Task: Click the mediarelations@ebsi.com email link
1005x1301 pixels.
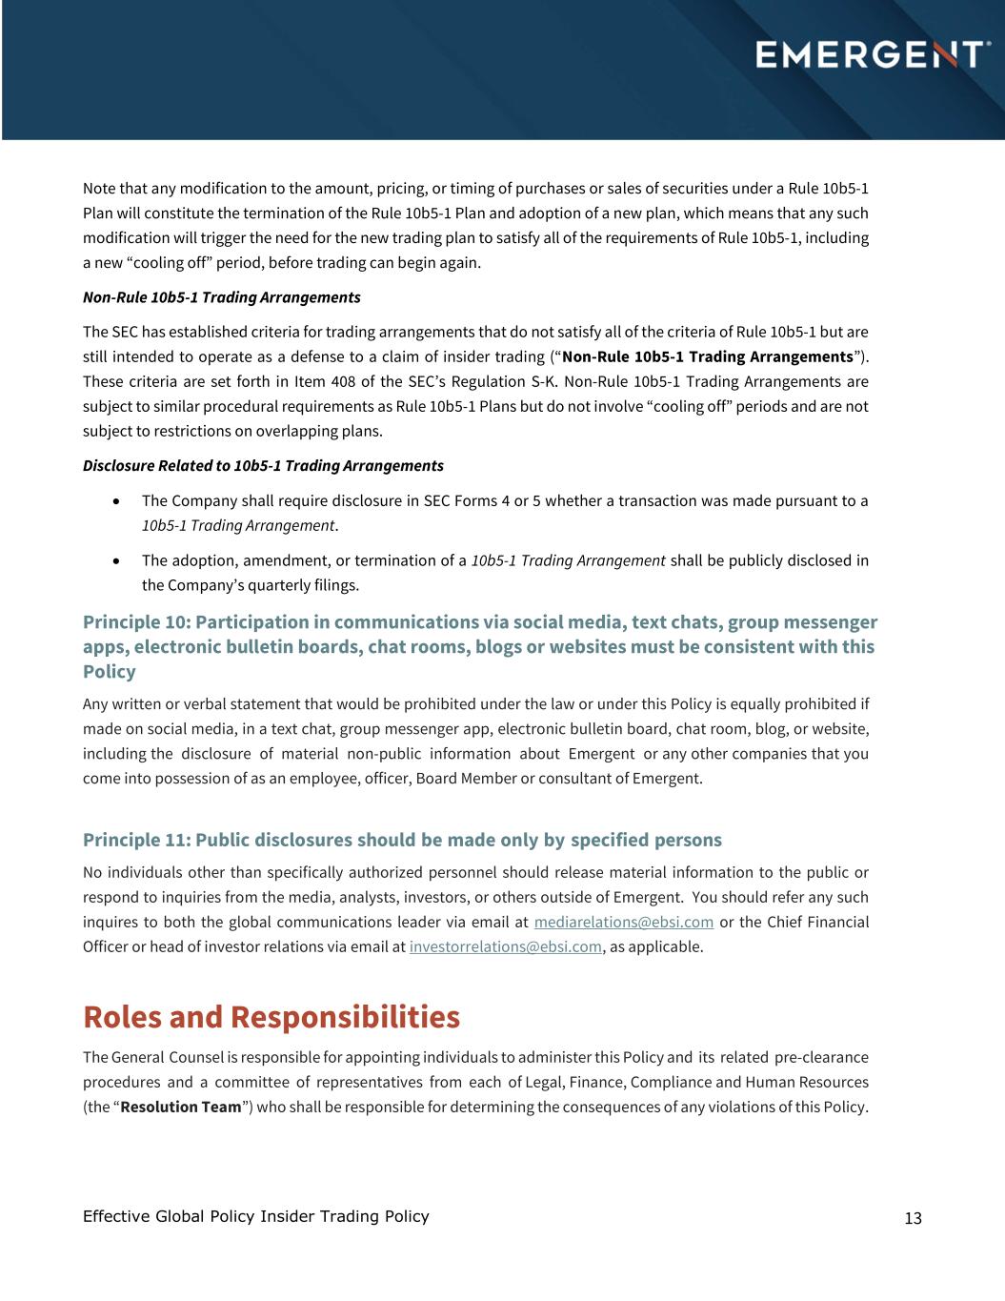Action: (x=623, y=922)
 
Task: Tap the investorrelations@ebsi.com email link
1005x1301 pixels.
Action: (x=505, y=946)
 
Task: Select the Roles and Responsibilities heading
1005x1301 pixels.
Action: (x=271, y=1017)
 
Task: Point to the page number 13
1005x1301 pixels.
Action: (x=913, y=1218)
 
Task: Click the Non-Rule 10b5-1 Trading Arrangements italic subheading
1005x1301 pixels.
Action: (x=221, y=297)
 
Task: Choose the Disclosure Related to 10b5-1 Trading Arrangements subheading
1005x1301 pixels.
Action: (x=263, y=465)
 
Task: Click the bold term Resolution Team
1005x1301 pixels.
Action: (x=181, y=1107)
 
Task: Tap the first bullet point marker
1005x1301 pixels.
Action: (x=116, y=500)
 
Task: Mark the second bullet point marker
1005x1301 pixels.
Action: (x=116, y=560)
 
